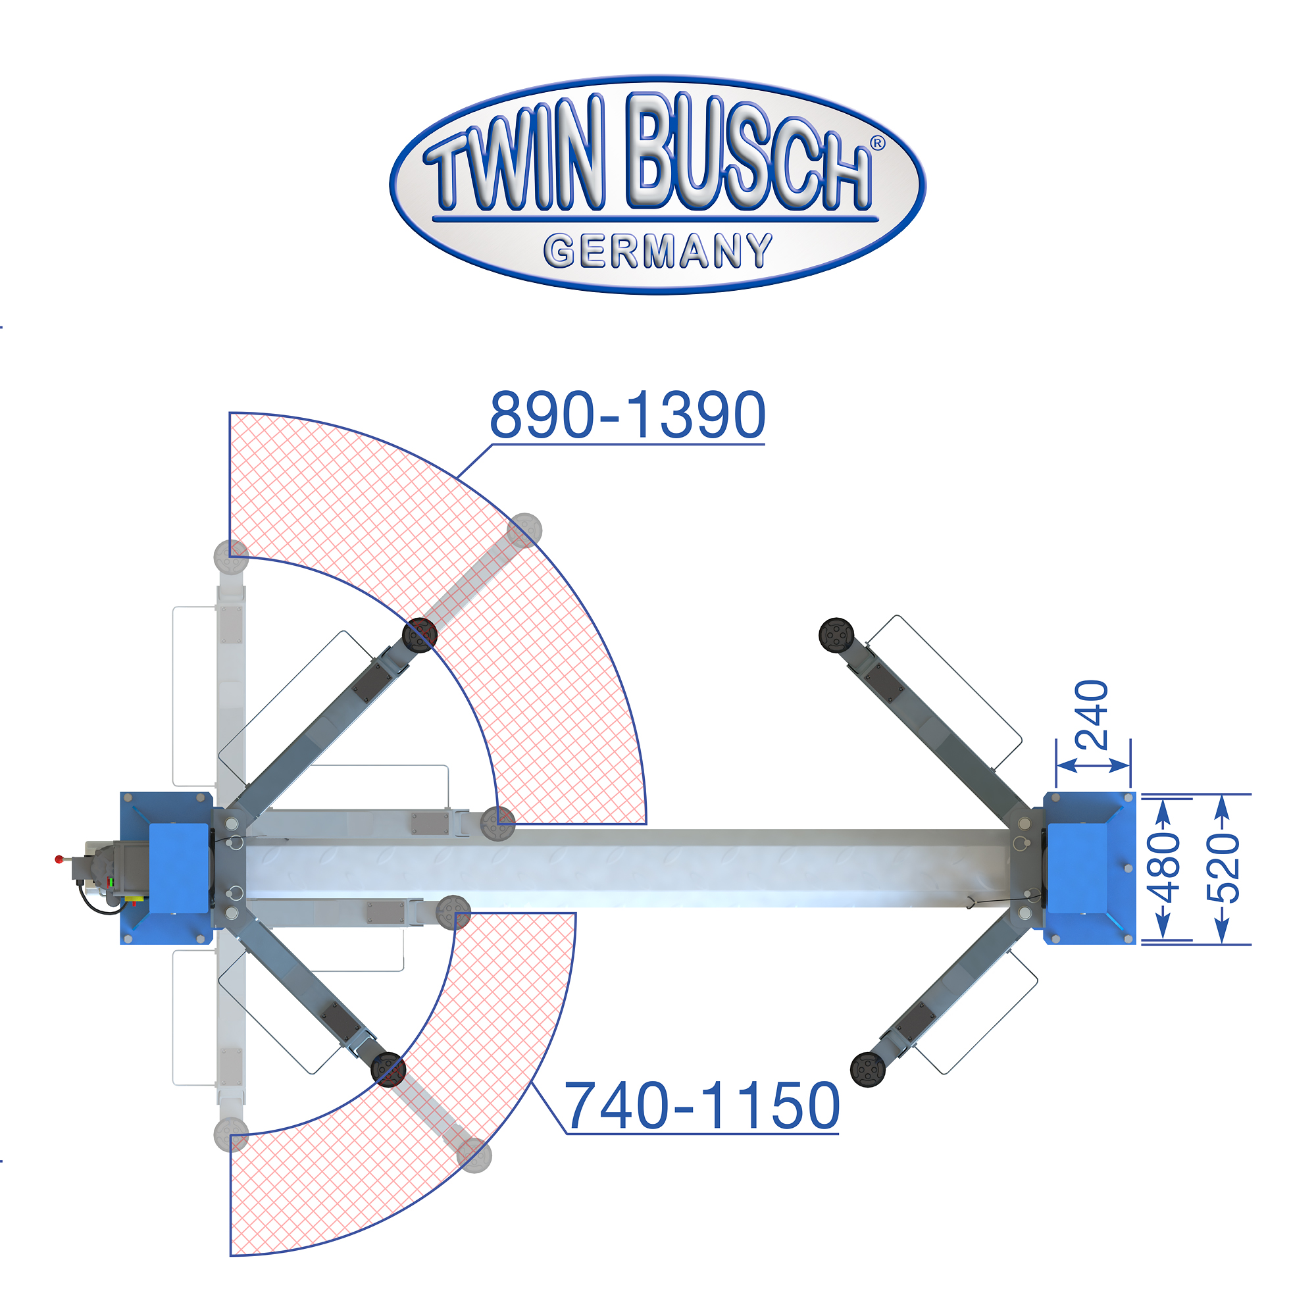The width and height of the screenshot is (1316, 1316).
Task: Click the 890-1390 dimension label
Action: pos(627,415)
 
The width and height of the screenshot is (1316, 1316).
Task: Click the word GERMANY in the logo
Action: pos(658,251)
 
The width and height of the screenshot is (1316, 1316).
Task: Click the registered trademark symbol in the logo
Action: pos(877,143)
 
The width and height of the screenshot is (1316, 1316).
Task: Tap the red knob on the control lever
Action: pos(59,859)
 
